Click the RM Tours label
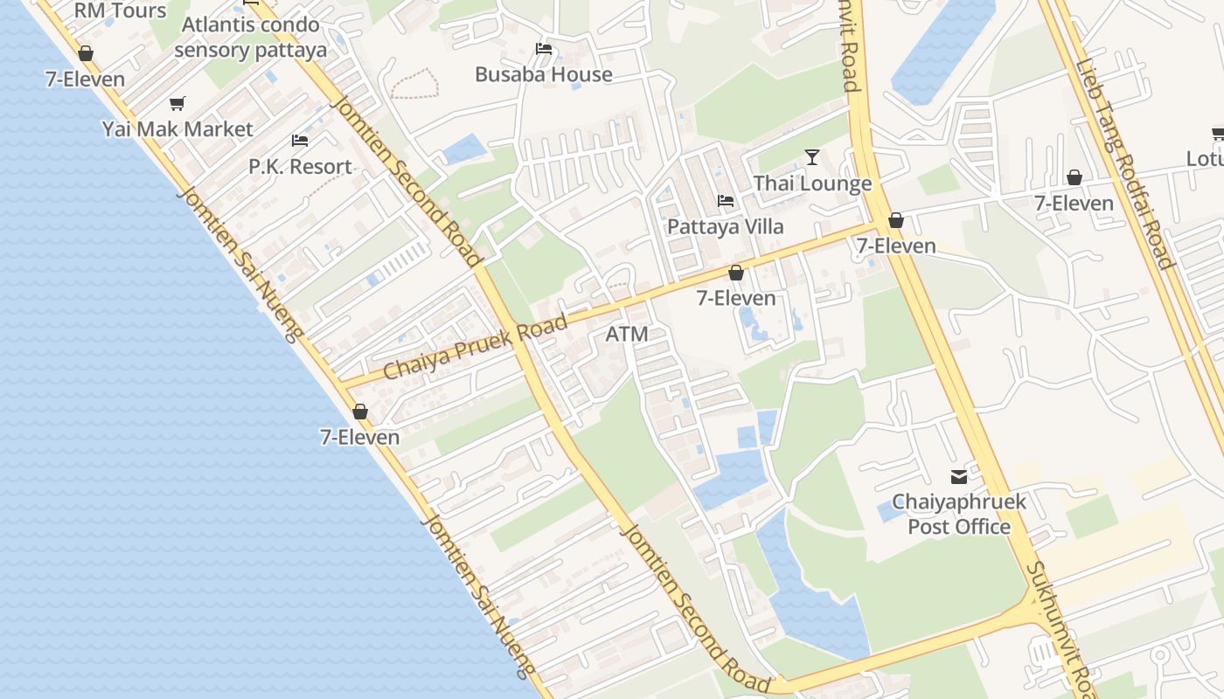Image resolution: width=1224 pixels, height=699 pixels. pos(121,10)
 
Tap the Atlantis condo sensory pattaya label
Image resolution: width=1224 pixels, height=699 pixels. pos(250,37)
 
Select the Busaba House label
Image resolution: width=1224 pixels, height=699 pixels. pos(543,74)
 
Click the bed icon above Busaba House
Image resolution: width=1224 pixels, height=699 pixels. pos(544,50)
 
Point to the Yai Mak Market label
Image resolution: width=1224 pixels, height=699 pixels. pos(177,129)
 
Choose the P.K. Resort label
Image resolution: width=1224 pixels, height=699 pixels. pos(300,166)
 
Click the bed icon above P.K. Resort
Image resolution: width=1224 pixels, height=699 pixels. pos(300,141)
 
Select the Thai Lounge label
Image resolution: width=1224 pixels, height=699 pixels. pos(812,183)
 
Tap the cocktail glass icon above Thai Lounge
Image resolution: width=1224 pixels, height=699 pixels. pos(812,157)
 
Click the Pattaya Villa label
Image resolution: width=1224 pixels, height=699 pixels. pos(726,226)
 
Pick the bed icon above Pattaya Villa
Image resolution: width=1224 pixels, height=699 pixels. pos(726,201)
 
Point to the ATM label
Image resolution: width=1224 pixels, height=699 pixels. pos(627,333)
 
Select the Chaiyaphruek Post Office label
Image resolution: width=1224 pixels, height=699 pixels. pos(959,515)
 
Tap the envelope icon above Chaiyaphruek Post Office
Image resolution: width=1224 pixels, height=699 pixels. pos(959,477)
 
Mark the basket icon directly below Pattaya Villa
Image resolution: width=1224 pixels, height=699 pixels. pos(736,273)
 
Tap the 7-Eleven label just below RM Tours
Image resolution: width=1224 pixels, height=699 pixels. pos(86,80)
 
